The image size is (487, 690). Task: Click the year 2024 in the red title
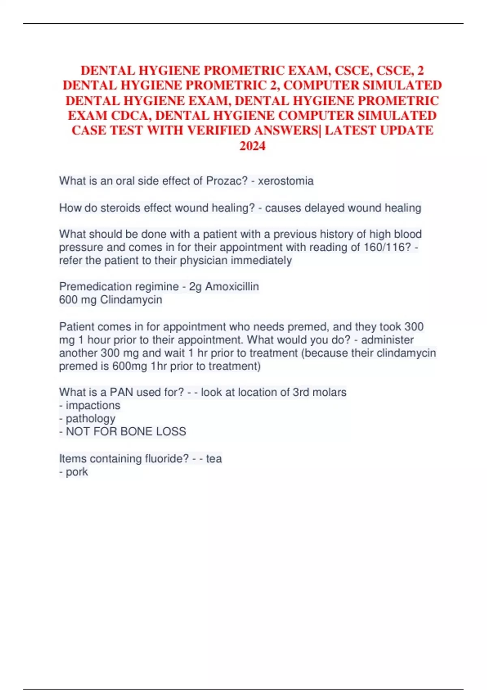[x=252, y=146]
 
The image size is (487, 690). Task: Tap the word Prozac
[x=226, y=181]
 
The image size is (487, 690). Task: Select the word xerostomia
[x=286, y=181]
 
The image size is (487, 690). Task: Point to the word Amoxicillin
[x=232, y=287]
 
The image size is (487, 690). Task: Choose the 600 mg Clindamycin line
[x=110, y=300]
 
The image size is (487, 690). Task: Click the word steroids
[x=121, y=208]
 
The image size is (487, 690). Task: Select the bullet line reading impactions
[x=90, y=405]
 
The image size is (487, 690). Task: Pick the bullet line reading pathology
[x=87, y=418]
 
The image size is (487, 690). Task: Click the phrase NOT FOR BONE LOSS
[x=126, y=431]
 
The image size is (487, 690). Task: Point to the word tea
[x=214, y=459]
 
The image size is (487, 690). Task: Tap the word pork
[x=77, y=472]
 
